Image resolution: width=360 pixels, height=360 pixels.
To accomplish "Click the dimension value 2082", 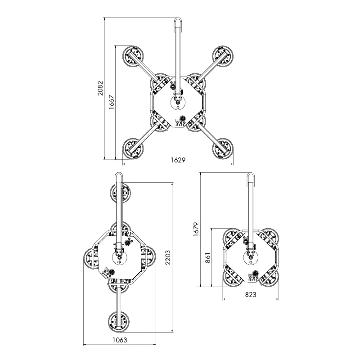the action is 100,88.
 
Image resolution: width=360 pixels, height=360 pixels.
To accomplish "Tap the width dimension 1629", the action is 178,160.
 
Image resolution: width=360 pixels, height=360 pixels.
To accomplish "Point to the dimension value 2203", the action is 168,257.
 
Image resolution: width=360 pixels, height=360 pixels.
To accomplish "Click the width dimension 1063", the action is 120,340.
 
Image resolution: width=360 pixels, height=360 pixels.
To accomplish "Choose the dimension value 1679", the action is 196,229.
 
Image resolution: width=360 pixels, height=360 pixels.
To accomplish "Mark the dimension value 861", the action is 208,257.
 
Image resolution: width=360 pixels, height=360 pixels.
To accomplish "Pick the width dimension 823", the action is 251,294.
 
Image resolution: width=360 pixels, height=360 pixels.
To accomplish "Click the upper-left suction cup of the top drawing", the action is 133,57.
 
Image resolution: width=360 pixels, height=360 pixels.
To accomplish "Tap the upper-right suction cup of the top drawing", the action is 223,57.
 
